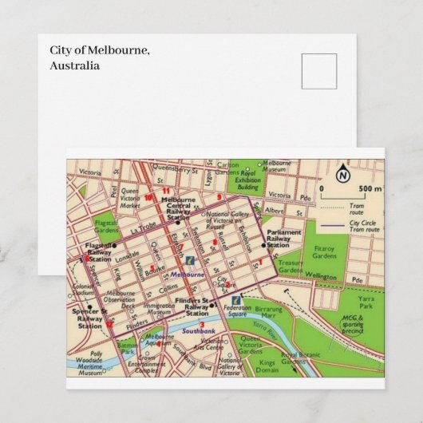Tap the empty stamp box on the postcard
click(319, 71)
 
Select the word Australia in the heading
click(75, 65)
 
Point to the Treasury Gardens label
click(291, 266)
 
